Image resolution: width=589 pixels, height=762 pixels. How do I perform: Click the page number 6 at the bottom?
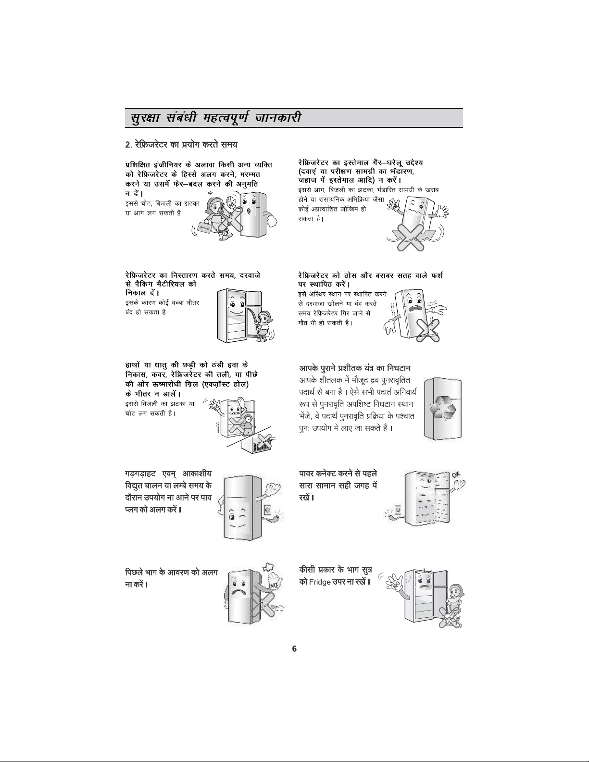[294, 649]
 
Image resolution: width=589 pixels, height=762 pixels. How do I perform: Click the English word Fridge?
[320, 582]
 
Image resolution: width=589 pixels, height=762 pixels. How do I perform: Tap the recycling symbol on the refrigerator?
[443, 408]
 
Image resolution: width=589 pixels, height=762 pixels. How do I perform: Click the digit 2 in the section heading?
[127, 145]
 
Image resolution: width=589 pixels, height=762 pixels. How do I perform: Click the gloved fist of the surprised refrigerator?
[272, 221]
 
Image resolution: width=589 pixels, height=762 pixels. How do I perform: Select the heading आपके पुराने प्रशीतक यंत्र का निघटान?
[355, 368]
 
